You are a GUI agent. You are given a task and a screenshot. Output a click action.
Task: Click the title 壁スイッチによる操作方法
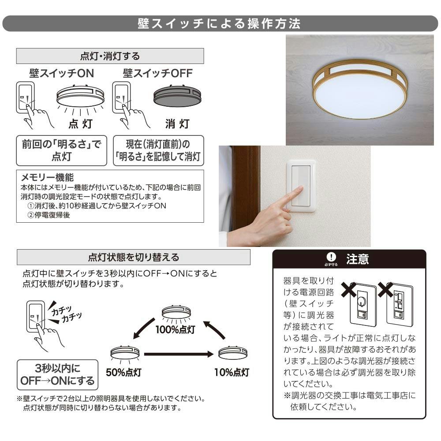pyautogui.click(x=219, y=24)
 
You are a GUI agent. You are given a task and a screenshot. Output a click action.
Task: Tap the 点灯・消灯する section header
pyautogui.click(x=110, y=56)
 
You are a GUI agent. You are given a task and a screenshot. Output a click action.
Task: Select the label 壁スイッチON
pyautogui.click(x=62, y=73)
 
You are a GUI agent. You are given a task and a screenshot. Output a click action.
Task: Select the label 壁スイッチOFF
pyautogui.click(x=158, y=73)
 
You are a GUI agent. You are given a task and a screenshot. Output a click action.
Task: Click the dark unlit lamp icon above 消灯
pyautogui.click(x=177, y=96)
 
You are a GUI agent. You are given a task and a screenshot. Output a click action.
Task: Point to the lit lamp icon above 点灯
pyautogui.click(x=80, y=96)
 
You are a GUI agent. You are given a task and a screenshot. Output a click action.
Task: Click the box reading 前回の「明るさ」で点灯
pyautogui.click(x=62, y=150)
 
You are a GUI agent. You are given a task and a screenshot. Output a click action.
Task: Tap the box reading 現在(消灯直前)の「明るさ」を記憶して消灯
pyautogui.click(x=158, y=150)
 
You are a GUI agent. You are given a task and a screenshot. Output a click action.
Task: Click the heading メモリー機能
pyautogui.click(x=47, y=177)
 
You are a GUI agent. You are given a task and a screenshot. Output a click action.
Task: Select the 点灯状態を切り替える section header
pyautogui.click(x=134, y=257)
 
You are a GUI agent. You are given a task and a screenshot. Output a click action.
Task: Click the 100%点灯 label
pyautogui.click(x=176, y=329)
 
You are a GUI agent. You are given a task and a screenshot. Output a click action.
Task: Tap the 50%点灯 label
pyautogui.click(x=123, y=372)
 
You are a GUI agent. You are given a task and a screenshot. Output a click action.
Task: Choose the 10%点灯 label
pyautogui.click(x=232, y=372)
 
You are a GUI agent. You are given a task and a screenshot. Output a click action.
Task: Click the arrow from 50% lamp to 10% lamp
pyautogui.click(x=179, y=354)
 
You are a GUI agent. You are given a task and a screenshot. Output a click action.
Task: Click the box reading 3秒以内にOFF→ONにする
pyautogui.click(x=58, y=374)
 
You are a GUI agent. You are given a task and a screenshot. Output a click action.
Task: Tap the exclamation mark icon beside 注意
pyautogui.click(x=331, y=257)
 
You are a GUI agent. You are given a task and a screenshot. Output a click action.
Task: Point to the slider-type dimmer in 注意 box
pyautogui.click(x=400, y=305)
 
